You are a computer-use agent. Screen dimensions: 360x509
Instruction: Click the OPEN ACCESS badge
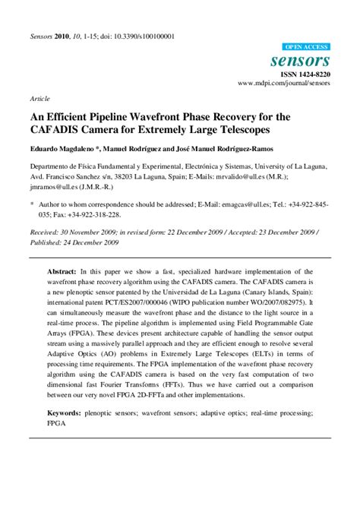(305, 46)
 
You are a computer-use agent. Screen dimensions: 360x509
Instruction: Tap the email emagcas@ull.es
(238, 204)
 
